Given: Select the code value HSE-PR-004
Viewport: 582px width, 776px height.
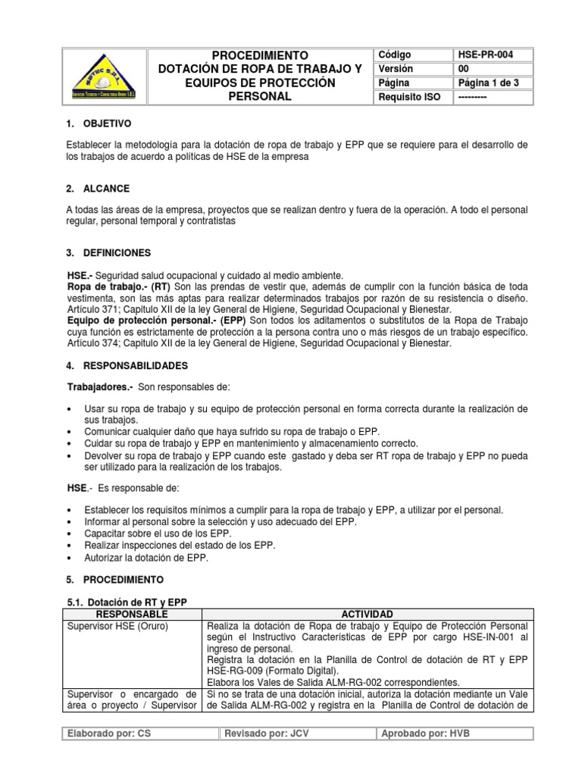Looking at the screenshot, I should (484, 55).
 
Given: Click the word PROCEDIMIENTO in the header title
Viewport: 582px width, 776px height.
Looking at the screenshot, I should (260, 55).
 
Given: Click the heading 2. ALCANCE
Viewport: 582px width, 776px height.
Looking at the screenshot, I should (98, 188).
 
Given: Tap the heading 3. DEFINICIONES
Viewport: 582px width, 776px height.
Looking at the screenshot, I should (109, 252).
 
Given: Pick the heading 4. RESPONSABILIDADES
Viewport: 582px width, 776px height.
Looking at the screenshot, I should (127, 365).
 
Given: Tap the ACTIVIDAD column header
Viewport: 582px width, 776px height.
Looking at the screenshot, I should (367, 613).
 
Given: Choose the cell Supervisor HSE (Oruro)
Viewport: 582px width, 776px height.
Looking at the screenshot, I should (117, 626).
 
